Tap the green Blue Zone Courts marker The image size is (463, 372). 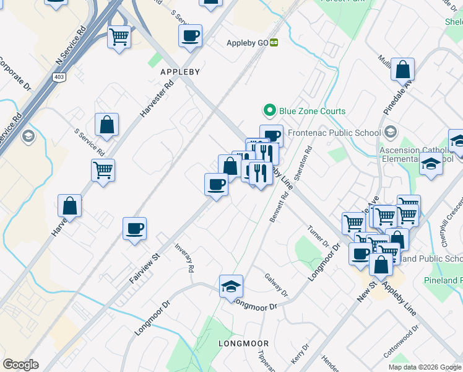coord(269,111)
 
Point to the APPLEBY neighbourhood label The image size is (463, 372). coord(180,72)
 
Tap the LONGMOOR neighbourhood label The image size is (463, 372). coord(244,343)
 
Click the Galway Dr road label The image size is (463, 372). coord(276,285)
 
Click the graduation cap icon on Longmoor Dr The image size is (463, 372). coord(231,286)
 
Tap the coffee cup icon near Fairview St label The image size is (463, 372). coord(134,229)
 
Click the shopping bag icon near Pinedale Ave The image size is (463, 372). coord(402,69)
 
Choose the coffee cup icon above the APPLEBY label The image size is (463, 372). coord(191,35)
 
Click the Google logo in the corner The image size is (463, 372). coord(20,365)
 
